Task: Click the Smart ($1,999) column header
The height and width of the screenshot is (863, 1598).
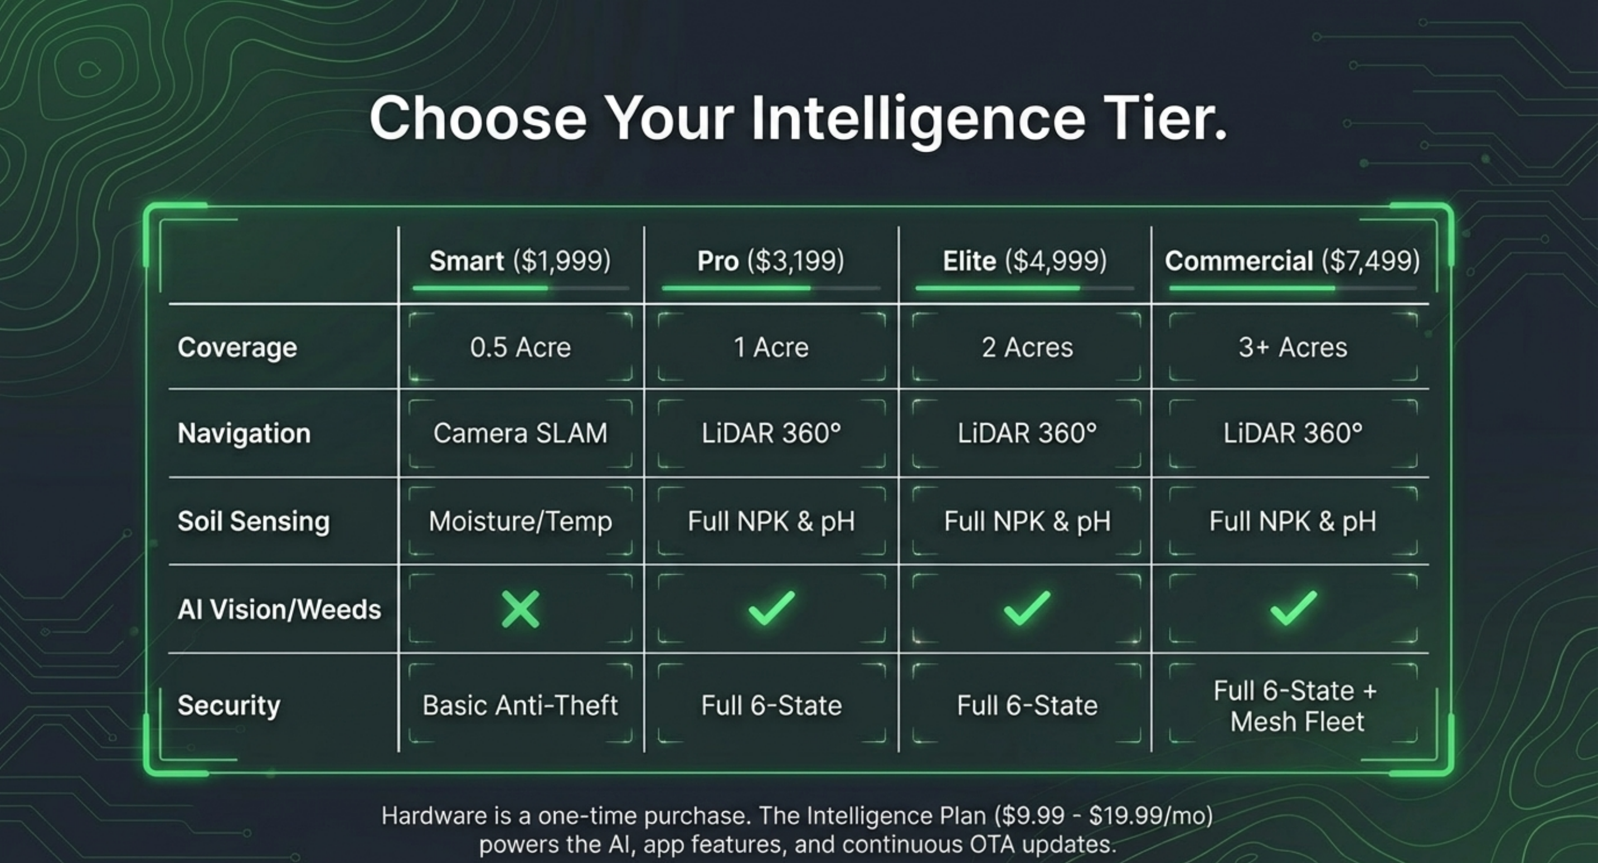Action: [x=520, y=260]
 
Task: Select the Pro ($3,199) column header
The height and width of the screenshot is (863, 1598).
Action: [x=770, y=260]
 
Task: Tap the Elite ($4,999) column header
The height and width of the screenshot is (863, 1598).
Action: [x=1025, y=260]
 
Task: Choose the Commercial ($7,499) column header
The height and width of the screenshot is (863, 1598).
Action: [x=1292, y=260]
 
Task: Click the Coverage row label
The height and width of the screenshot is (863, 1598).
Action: [x=237, y=347]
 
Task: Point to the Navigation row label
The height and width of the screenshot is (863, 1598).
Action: [x=244, y=433]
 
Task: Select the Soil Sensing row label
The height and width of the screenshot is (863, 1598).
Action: [x=253, y=521]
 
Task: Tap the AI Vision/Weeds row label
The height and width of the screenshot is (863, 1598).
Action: [x=279, y=609]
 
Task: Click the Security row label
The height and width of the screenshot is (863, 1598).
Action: [x=229, y=705]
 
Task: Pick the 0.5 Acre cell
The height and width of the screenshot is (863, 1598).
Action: [x=520, y=347]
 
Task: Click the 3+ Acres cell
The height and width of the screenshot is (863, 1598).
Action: [x=1293, y=347]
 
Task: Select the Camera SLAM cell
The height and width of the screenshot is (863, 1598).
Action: [x=520, y=433]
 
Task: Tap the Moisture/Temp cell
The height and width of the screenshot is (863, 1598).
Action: [x=520, y=521]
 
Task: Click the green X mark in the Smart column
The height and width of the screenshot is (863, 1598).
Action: [x=520, y=609]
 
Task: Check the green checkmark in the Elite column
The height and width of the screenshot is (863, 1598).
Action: [x=1027, y=608]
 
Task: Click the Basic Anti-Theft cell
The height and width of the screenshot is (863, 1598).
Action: [x=520, y=705]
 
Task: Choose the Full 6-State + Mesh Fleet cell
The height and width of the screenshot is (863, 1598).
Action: [x=1295, y=706]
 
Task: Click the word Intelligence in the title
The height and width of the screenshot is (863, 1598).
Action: [x=918, y=119]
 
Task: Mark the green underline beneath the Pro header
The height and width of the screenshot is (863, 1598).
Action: [x=736, y=288]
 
